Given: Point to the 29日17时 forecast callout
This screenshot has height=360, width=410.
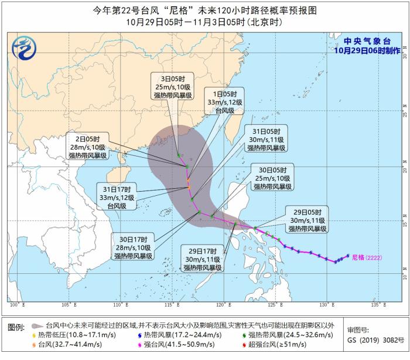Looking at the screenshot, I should (x=203, y=259).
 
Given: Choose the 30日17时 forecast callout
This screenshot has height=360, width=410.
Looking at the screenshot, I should (x=133, y=247).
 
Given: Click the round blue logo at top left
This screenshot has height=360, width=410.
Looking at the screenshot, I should (x=24, y=47).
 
